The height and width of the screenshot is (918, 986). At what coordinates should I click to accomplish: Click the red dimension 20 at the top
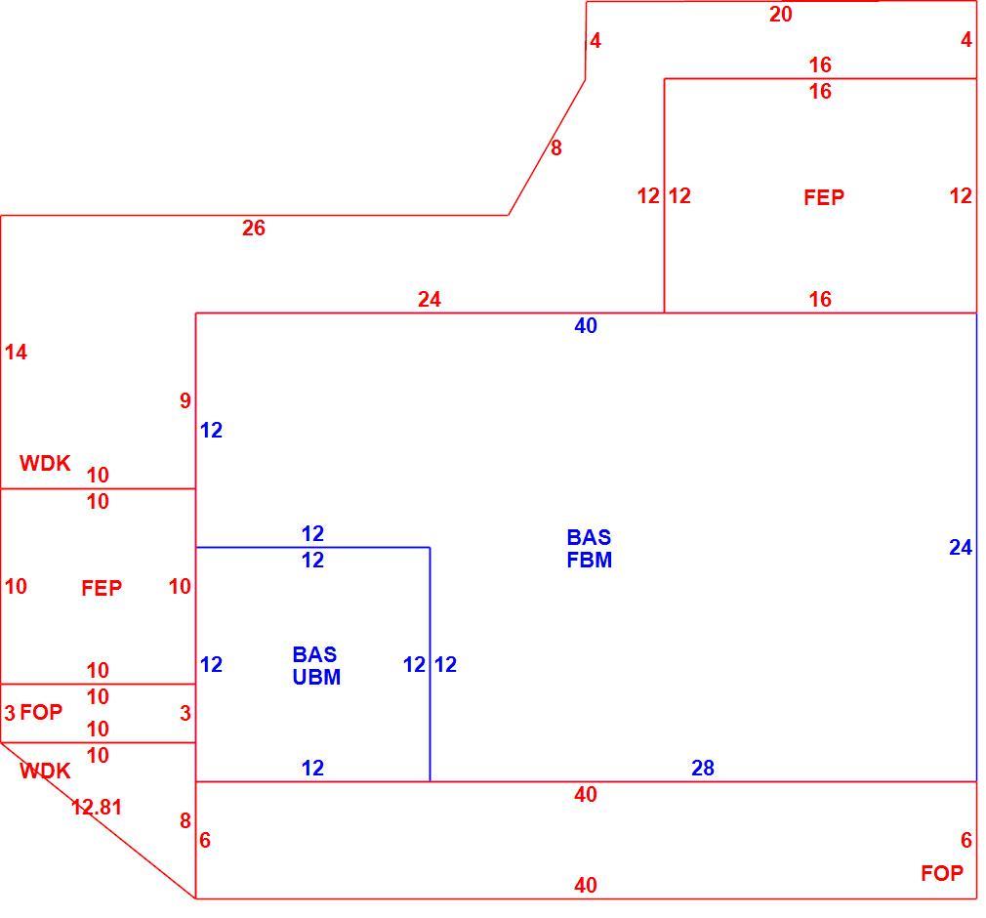(x=780, y=15)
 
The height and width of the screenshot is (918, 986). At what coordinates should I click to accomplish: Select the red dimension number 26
(x=254, y=228)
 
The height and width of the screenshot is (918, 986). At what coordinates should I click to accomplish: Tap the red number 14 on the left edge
(x=16, y=353)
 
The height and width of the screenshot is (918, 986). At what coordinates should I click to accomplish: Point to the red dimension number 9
(x=185, y=400)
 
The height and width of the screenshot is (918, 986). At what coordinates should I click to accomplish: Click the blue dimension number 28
(x=702, y=768)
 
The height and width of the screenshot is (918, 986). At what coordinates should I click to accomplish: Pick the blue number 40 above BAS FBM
(x=586, y=326)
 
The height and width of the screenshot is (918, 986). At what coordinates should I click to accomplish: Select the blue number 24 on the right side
(x=961, y=548)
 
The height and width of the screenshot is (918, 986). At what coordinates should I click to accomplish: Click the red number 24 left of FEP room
(x=430, y=299)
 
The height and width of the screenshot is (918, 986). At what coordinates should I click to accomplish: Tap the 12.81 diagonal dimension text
(x=97, y=807)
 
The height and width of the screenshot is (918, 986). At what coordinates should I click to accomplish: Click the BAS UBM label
(x=316, y=666)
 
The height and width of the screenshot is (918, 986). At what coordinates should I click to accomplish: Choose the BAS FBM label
(x=590, y=549)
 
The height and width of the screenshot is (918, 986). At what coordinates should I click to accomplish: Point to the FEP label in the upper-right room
(x=824, y=197)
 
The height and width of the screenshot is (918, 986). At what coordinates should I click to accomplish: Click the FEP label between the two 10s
(x=102, y=588)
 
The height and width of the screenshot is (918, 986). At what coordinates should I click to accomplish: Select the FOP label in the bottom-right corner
(x=942, y=873)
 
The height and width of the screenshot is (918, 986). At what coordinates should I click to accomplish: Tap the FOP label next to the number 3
(x=41, y=712)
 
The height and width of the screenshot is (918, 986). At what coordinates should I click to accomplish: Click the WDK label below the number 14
(x=45, y=463)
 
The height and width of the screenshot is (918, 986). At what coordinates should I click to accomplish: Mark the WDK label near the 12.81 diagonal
(x=45, y=771)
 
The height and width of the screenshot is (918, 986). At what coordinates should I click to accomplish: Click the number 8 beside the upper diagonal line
(x=555, y=147)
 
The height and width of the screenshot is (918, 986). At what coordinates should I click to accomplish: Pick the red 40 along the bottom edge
(x=586, y=885)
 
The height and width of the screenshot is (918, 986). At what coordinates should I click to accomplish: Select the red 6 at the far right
(x=965, y=840)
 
